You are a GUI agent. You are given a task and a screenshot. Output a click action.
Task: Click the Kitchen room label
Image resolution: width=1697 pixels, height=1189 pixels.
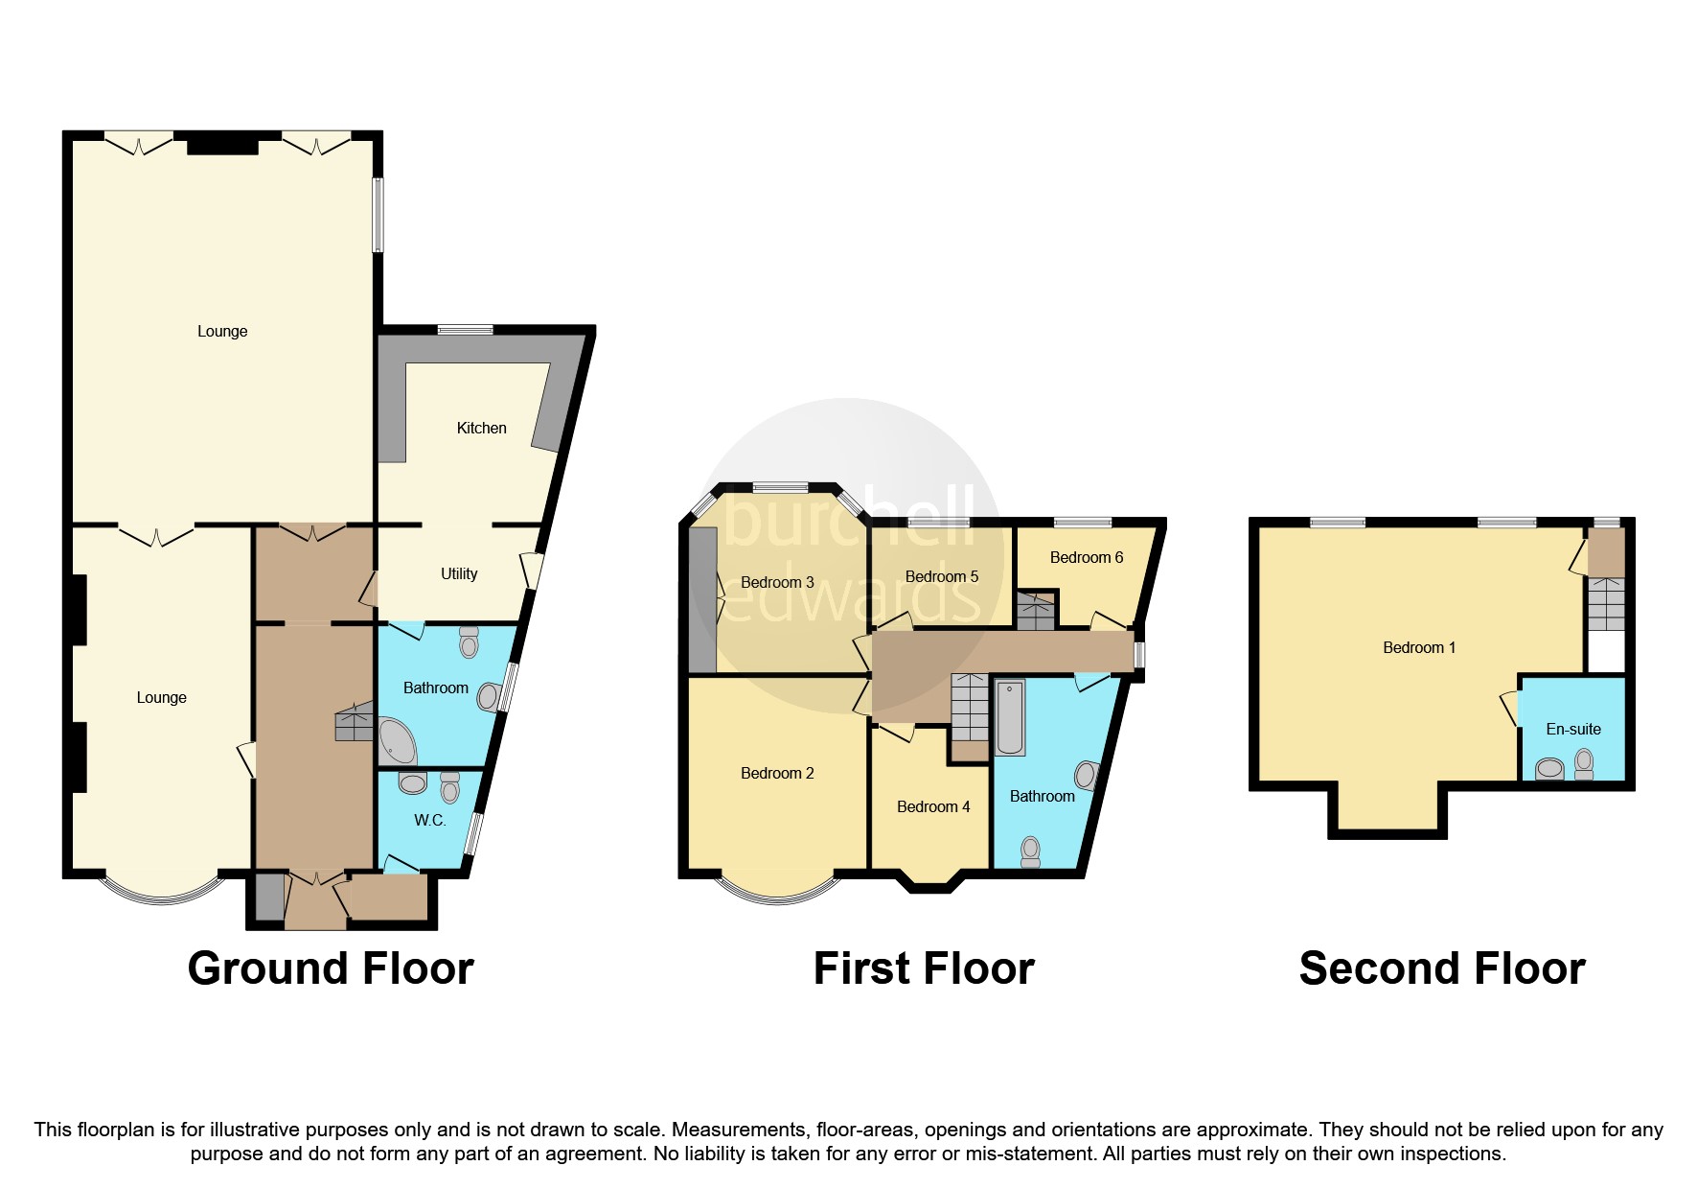click(481, 428)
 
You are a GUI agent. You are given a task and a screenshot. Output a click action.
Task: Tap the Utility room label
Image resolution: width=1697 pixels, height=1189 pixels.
click(459, 573)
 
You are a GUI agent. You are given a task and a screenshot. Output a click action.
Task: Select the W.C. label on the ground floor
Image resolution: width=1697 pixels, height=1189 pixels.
click(429, 820)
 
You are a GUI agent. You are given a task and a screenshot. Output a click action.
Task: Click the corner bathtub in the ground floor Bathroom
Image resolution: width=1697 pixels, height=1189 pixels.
click(397, 740)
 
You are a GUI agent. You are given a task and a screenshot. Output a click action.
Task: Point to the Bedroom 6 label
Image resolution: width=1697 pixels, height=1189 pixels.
click(1086, 557)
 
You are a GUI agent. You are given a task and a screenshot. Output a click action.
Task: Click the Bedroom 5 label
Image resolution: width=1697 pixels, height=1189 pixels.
click(942, 576)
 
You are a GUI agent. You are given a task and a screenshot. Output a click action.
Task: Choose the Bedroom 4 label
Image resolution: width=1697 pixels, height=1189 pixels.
click(933, 806)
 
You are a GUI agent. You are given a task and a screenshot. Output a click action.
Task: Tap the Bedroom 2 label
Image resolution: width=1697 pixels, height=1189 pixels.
click(777, 773)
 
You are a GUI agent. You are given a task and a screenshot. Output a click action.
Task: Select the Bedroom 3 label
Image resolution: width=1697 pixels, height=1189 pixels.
click(777, 582)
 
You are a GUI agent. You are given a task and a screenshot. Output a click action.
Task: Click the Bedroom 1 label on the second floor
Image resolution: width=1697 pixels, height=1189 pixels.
click(1419, 647)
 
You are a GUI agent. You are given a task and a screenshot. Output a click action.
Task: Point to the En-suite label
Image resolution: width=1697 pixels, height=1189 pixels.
click(1573, 729)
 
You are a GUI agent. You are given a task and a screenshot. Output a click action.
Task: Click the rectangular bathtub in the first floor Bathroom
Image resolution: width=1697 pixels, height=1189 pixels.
click(1010, 717)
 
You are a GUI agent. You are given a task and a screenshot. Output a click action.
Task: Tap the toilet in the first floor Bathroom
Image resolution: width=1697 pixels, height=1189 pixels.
click(1030, 851)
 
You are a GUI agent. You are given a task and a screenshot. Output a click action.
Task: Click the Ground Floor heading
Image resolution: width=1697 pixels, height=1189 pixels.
click(331, 968)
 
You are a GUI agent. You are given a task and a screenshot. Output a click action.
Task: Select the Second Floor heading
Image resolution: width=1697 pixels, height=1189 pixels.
click(1442, 968)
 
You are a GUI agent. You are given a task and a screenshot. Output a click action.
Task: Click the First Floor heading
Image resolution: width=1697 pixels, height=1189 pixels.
click(924, 968)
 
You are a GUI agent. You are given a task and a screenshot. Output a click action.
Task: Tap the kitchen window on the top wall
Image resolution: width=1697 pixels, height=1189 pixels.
click(466, 330)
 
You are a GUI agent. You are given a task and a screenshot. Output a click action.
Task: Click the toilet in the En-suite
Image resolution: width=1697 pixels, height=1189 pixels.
click(1584, 763)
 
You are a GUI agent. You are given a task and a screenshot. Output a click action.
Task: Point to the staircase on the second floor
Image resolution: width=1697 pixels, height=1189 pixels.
click(1606, 604)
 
